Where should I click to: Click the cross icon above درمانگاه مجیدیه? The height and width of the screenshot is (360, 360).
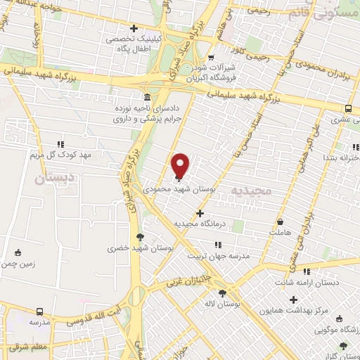(200, 213)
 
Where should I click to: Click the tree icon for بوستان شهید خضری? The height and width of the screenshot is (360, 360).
(139, 236)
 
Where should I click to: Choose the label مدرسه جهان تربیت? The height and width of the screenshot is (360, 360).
(219, 256)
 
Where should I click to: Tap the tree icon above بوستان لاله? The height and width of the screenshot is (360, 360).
(223, 294)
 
